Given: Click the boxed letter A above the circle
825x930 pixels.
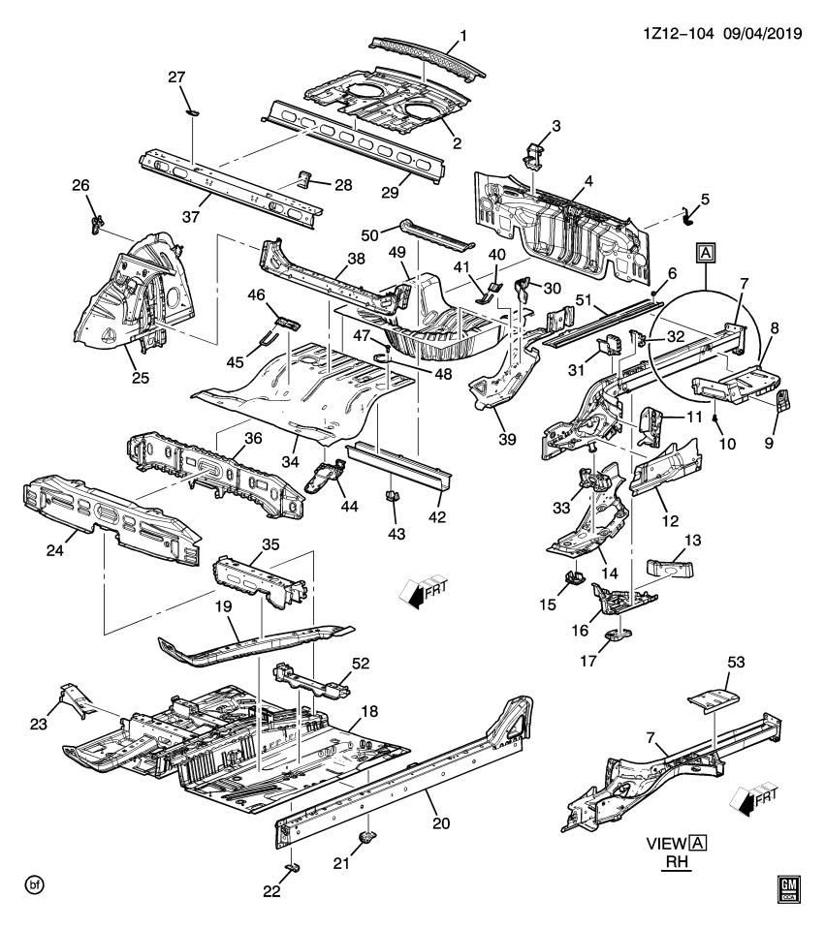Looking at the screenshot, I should [x=705, y=255].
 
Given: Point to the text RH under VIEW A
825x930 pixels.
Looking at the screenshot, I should [x=676, y=861].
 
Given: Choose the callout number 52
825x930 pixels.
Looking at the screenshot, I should [x=360, y=665].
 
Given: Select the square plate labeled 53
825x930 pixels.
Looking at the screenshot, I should [x=711, y=698].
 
